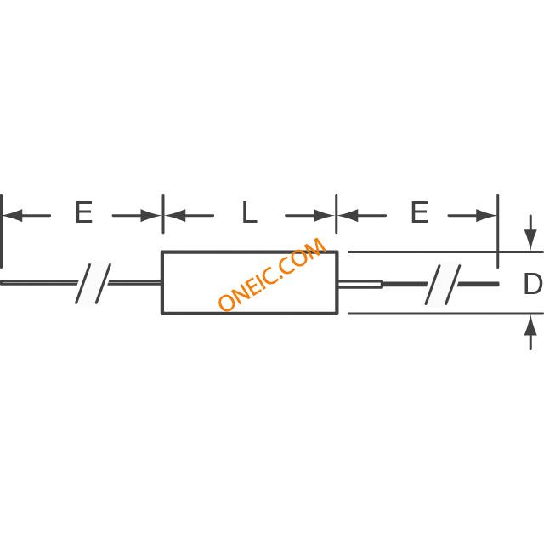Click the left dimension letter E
[x=83, y=212]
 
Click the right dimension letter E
[x=419, y=212]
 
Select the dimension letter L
[x=249, y=212]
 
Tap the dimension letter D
[x=533, y=283]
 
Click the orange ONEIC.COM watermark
[x=272, y=274]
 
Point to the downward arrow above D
[x=530, y=232]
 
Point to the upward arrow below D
[x=530, y=332]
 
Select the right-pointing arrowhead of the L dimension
[x=324, y=215]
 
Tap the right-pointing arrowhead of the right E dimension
[x=486, y=215]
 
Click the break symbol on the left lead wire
[x=93, y=283]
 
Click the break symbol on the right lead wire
[x=443, y=285]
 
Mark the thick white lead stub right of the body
[x=360, y=284]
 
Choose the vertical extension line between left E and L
[x=163, y=213]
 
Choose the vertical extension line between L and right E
[x=337, y=213]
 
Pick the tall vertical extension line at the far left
[x=2, y=231]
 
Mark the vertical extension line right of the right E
[x=498, y=231]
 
